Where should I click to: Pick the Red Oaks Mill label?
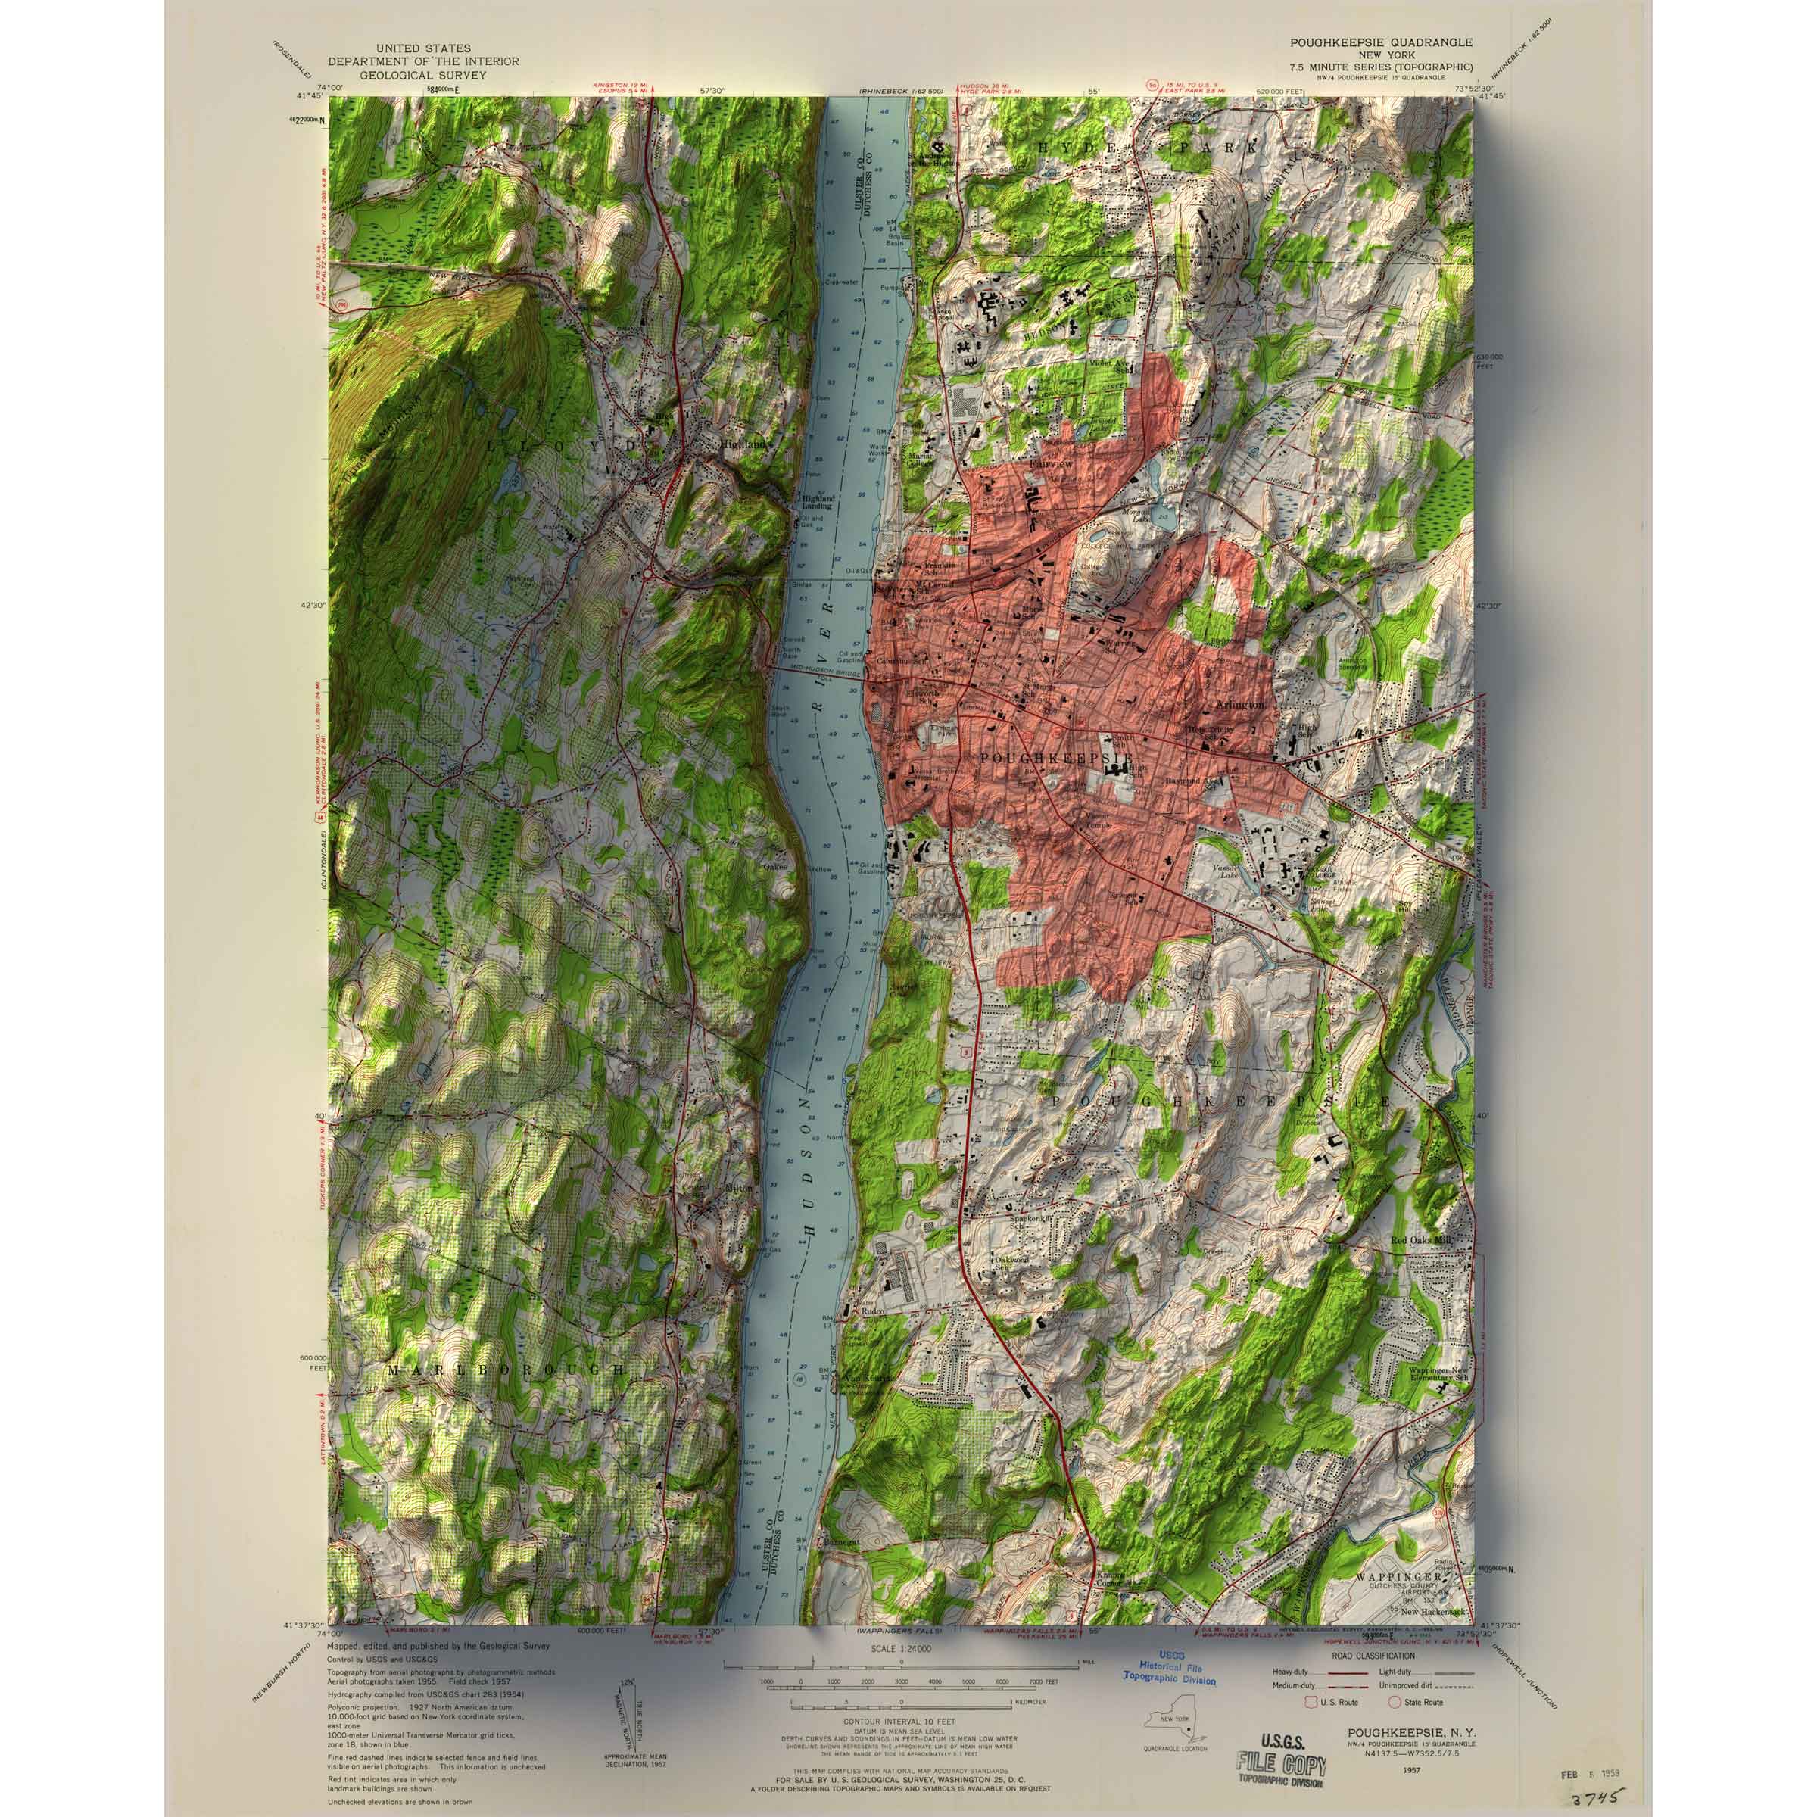1422,1241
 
